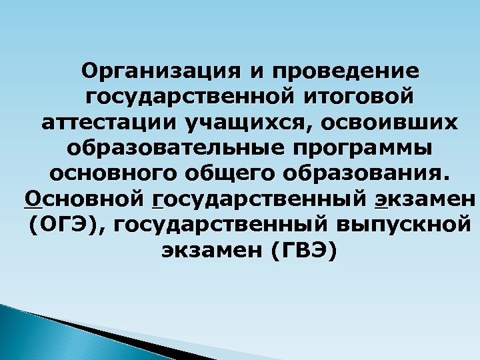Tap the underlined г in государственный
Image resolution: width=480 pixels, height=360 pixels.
(157, 200)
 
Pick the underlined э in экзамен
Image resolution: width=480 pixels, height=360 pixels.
(381, 200)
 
